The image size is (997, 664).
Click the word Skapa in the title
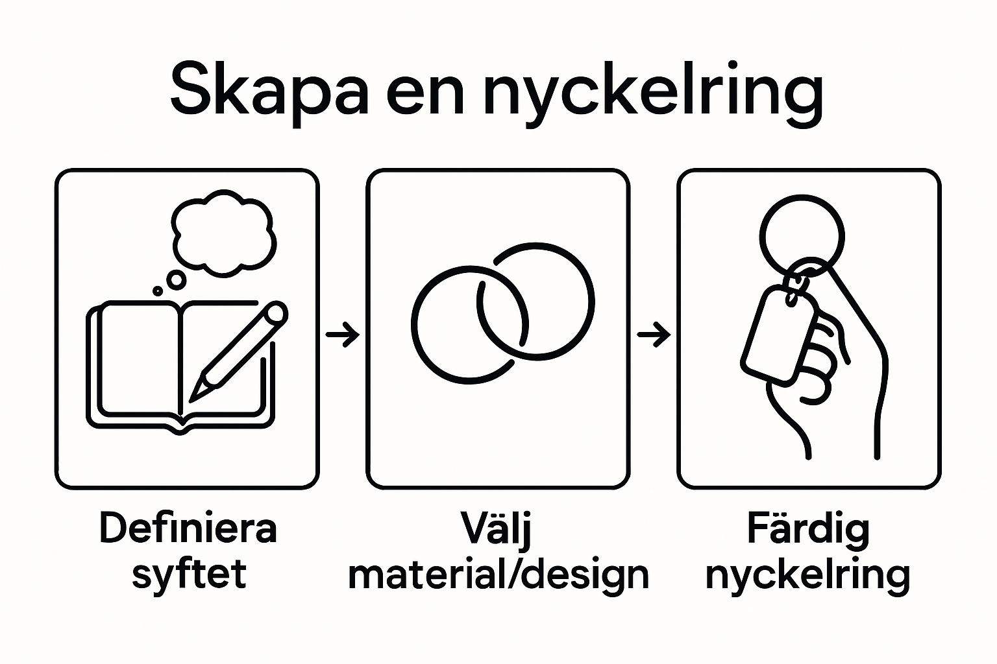click(x=269, y=93)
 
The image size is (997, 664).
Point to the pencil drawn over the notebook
click(x=238, y=351)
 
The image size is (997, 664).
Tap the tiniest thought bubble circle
click(x=158, y=291)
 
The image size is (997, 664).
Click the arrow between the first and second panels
click(x=342, y=334)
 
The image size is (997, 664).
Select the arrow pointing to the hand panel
click(x=654, y=334)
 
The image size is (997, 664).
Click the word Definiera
click(x=188, y=528)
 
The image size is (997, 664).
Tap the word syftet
click(x=189, y=574)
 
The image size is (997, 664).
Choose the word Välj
click(x=496, y=528)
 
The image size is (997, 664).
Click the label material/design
click(x=498, y=574)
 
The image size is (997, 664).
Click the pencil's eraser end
click(x=277, y=313)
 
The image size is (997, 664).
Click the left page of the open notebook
click(x=140, y=359)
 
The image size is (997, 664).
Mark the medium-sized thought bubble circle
click(x=177, y=279)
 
